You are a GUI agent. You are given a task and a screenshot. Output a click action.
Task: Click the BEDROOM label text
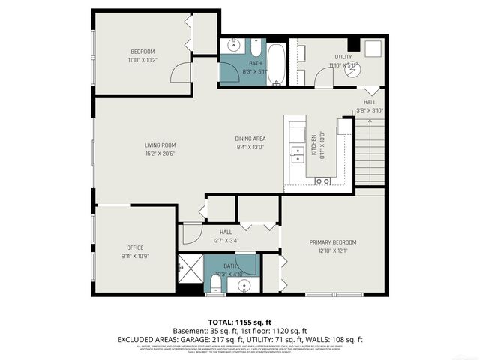[142, 52]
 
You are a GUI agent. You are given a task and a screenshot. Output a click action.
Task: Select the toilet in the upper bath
[255, 50]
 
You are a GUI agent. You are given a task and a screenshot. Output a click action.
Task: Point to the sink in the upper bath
[232, 43]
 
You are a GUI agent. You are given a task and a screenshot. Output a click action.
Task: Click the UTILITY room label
[343, 57]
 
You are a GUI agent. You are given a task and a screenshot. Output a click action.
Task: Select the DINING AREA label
[250, 139]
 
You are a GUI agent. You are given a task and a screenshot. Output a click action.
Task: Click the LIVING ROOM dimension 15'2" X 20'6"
[160, 154]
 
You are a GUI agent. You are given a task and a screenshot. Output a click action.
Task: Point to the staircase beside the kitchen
[369, 149]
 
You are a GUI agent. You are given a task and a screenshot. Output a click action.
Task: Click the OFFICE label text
[135, 247]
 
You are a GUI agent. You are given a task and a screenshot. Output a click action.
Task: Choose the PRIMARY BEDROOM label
[332, 242]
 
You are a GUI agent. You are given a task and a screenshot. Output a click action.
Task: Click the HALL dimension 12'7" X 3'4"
[225, 241]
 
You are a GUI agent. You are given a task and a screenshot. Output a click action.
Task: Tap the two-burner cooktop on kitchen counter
[323, 181]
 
